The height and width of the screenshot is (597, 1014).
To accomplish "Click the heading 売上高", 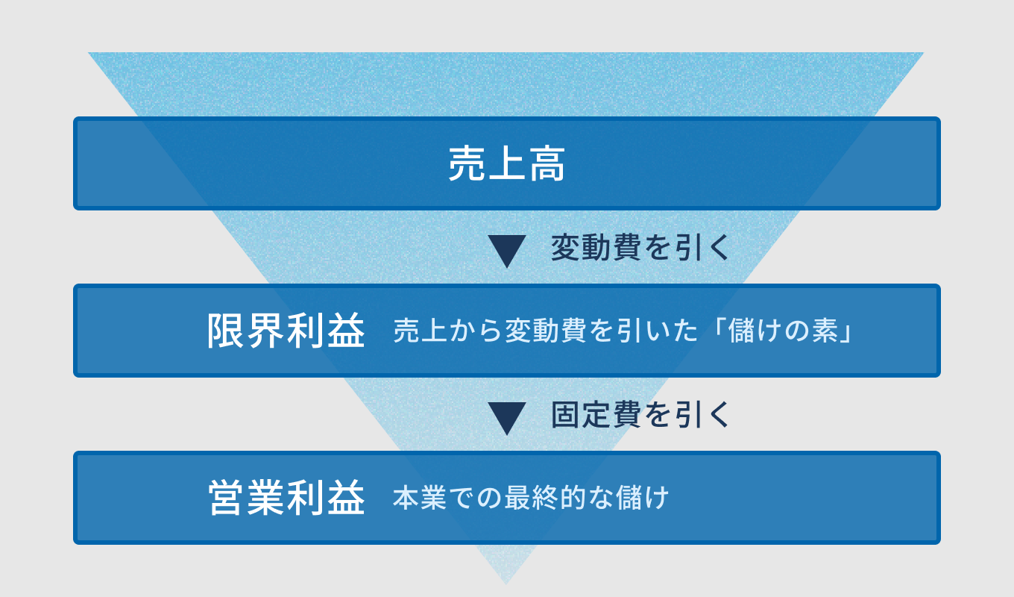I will pos(507,164).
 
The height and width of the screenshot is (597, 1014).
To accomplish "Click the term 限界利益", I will pos(286,331).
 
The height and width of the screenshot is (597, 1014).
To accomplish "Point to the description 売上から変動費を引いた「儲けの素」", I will pos(623,331).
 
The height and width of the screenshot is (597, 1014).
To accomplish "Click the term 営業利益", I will pos(286,498).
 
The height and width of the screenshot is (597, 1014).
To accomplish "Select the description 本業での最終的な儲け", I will pos(531,498).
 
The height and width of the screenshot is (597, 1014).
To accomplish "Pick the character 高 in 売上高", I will pos(547,164).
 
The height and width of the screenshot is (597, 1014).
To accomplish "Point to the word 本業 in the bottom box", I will pos(420,498).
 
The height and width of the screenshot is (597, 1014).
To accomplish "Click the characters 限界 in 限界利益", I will pos(247,331).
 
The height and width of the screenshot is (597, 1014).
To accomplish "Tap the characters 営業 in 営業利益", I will pos(247,498).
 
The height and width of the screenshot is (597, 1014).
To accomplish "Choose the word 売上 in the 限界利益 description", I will pos(420,331).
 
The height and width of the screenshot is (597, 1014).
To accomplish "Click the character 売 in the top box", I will pos(467,164).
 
